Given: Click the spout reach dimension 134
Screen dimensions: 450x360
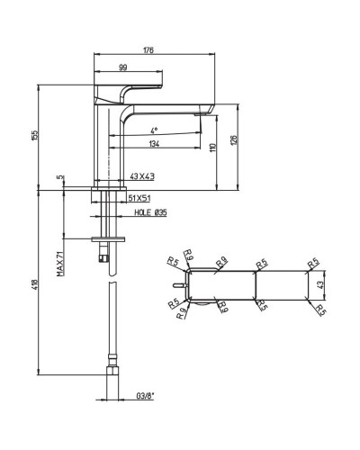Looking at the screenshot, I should click(155, 144).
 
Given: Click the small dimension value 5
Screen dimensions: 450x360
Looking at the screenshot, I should click(59, 178).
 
